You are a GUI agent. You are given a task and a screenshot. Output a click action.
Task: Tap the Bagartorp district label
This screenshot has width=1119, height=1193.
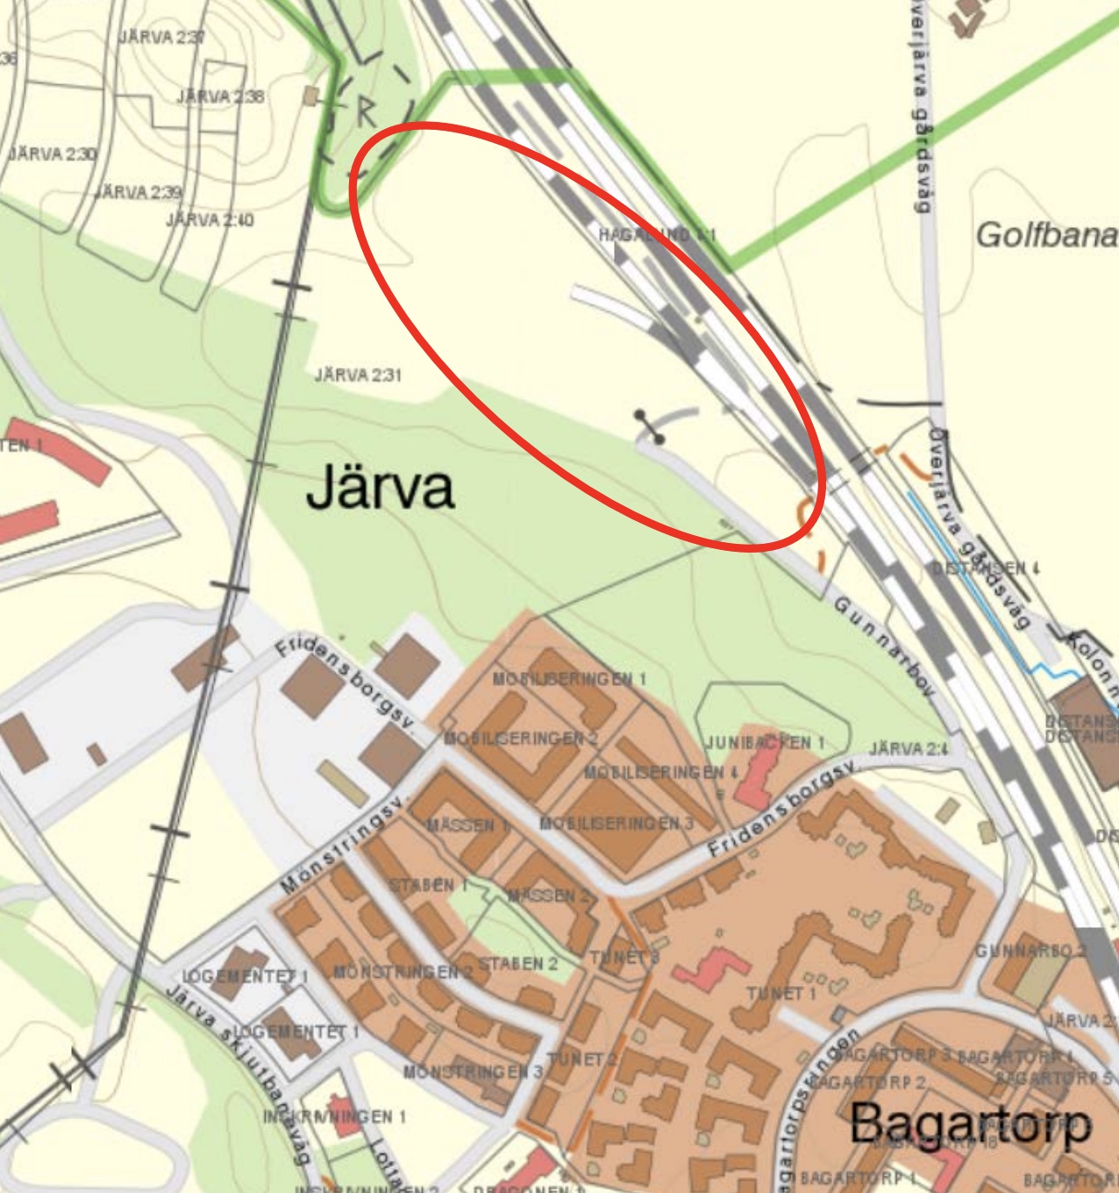[x=970, y=1125]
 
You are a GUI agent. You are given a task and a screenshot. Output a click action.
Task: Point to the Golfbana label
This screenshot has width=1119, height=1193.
[x=1046, y=235]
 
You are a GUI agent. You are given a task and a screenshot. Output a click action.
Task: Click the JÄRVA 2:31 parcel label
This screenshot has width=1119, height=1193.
[x=358, y=375]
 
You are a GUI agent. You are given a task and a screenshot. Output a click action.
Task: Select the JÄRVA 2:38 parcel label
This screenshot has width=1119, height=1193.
[x=220, y=96]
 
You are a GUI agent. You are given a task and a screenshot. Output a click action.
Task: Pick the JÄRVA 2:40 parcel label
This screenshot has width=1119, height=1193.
[x=210, y=219]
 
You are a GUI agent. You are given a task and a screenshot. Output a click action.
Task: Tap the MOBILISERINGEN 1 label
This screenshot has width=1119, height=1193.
[x=569, y=679]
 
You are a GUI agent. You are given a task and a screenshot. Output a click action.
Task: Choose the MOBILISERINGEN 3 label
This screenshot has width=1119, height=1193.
[x=617, y=823]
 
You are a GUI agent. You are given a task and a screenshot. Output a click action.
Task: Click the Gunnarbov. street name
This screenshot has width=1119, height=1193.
[x=884, y=647]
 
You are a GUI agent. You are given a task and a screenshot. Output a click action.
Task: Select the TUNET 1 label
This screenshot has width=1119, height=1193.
[x=781, y=993]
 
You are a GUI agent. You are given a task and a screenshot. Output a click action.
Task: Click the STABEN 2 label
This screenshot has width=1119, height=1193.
[x=517, y=963]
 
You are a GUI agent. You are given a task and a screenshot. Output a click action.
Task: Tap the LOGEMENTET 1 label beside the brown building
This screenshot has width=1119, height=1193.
[x=245, y=976]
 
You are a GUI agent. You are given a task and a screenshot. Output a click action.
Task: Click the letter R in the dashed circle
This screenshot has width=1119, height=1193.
[x=366, y=111]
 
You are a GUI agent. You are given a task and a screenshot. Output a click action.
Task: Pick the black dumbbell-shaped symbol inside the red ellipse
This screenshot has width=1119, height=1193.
[x=650, y=426]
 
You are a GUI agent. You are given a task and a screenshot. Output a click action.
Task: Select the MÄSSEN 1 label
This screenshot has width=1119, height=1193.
[x=468, y=825]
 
